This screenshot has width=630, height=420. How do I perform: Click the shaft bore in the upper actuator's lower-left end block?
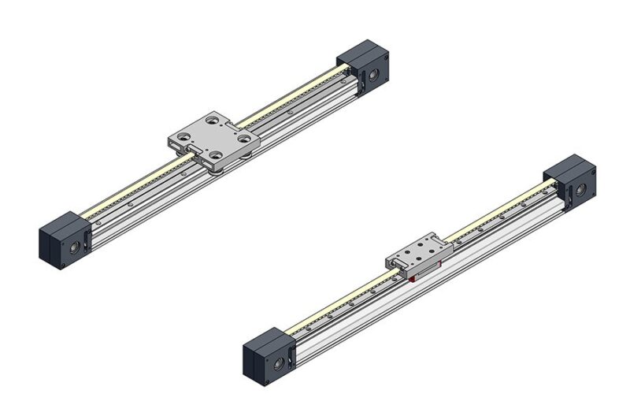(x=73, y=247)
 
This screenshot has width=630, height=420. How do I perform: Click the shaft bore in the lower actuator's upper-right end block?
(x=580, y=189)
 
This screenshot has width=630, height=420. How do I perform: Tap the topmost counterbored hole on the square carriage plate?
(x=212, y=120)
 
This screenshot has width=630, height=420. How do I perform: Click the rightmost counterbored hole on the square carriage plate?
(x=245, y=138)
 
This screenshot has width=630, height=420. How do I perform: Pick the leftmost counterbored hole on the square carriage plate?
(x=183, y=136)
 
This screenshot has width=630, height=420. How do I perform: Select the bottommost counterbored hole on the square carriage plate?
(x=215, y=155)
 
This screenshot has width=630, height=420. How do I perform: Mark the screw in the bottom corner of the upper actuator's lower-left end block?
(x=63, y=265)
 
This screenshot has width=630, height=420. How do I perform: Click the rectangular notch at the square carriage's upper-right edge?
(x=232, y=127)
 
